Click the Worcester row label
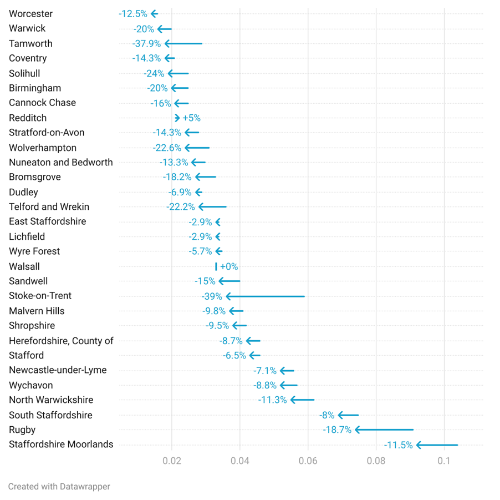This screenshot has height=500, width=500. tap(31, 13)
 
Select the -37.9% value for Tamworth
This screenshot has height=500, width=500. tap(146, 43)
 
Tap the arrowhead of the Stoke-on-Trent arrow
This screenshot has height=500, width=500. tap(228, 296)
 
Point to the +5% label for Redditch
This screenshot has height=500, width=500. tap(191, 118)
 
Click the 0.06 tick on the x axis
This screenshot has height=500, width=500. tap(308, 461)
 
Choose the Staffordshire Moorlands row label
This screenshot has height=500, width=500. tap(61, 444)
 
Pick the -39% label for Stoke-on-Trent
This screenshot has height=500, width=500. tap(212, 296)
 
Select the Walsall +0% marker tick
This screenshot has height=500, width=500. tap(216, 266)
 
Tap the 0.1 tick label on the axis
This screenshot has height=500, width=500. tap(444, 461)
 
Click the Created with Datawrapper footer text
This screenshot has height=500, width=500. tap(59, 487)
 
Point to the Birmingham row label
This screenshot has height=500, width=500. tap(35, 88)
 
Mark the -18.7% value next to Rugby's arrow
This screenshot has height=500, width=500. tap(337, 430)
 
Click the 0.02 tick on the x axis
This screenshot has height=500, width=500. tap(172, 461)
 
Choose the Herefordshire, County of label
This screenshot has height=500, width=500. tap(61, 341)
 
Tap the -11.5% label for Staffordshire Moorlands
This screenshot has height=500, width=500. tap(399, 445)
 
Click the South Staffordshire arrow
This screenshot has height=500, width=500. tap(348, 415)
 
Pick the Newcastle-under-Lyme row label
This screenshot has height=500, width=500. tap(58, 370)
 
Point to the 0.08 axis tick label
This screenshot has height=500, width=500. tap(376, 461)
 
